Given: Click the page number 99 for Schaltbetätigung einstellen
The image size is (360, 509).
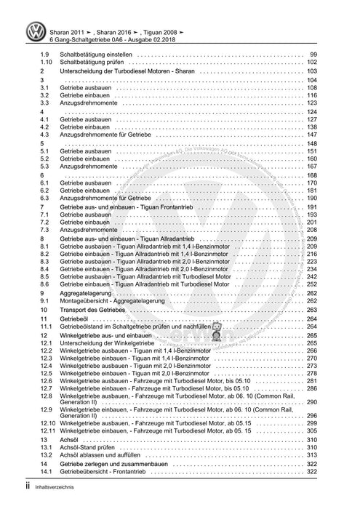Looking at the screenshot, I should click(x=312, y=55).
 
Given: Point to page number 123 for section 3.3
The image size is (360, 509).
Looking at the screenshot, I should click(x=311, y=104).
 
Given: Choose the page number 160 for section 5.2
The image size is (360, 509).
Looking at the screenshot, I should click(x=311, y=159).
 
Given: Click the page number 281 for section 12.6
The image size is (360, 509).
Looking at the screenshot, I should click(x=311, y=381).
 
